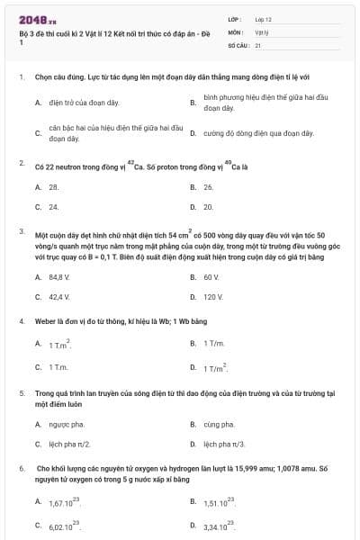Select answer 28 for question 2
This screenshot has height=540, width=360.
coord(54,187)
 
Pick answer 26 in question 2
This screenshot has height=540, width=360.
coord(208,187)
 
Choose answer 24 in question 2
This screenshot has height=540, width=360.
coord(54,206)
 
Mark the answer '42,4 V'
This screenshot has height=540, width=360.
coord(59,296)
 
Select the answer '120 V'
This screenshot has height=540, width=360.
coord(213,296)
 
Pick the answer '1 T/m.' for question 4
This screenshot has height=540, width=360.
coord(213,344)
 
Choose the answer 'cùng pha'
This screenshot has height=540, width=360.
coord(219,424)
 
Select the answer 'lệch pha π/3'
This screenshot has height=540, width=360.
coord(224,444)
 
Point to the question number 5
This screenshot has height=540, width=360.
coord(21,393)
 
